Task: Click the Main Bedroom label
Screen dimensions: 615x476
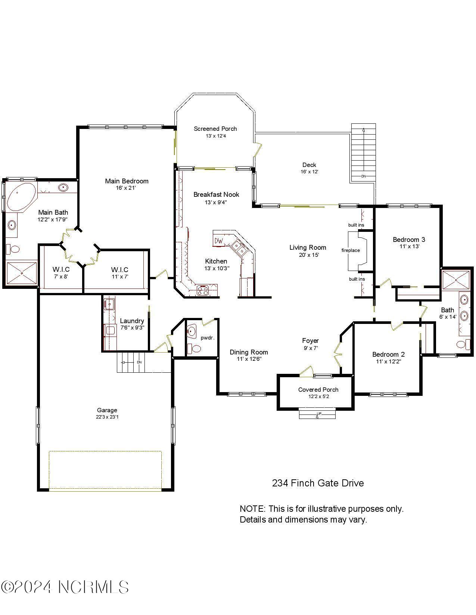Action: pyautogui.click(x=127, y=181)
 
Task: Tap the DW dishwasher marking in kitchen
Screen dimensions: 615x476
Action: pyautogui.click(x=219, y=241)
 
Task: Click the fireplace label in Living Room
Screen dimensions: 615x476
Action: pyautogui.click(x=351, y=250)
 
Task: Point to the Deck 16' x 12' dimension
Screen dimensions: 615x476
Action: pyautogui.click(x=309, y=172)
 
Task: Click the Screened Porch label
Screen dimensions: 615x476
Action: pyautogui.click(x=215, y=129)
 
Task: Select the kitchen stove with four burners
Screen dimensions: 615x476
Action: pyautogui.click(x=203, y=290)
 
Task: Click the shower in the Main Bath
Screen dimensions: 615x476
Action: pyautogui.click(x=22, y=274)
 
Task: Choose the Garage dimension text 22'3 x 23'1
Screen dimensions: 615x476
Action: pyautogui.click(x=107, y=417)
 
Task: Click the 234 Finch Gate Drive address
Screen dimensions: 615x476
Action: pyautogui.click(x=318, y=483)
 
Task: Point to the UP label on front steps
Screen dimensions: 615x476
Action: pyautogui.click(x=319, y=414)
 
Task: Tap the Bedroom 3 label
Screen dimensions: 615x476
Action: pyautogui.click(x=409, y=240)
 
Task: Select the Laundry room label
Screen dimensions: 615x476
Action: pyautogui.click(x=132, y=321)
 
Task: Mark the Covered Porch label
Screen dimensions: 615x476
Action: pyautogui.click(x=318, y=390)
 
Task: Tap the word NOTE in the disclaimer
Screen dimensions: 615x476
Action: pyautogui.click(x=252, y=509)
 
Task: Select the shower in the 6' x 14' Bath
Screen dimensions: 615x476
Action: pyautogui.click(x=455, y=280)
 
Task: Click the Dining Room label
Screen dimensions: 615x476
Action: pyautogui.click(x=249, y=352)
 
